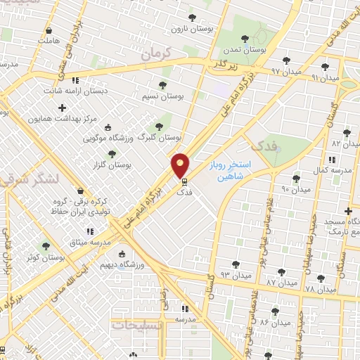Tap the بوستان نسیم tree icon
(163, 85)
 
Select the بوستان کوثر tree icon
(46, 247)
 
